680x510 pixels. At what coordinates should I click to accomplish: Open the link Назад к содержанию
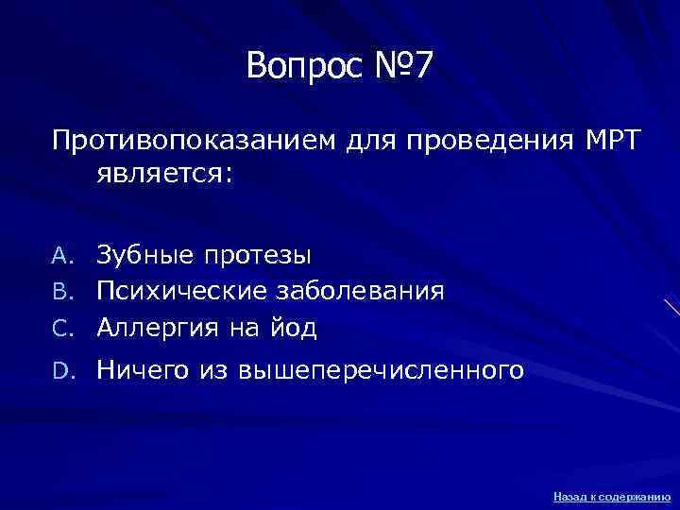612,495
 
